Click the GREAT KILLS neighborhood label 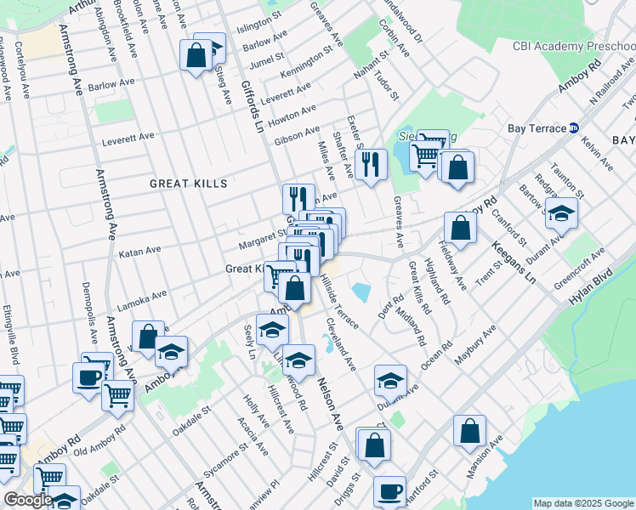(x=189, y=184)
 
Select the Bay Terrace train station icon (x=574, y=127)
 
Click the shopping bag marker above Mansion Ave (x=469, y=431)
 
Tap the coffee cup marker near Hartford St (x=390, y=490)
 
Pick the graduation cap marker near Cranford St (x=561, y=213)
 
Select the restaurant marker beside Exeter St (x=370, y=165)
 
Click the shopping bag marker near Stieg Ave (x=196, y=56)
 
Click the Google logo (x=28, y=500)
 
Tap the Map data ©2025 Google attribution (x=582, y=503)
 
